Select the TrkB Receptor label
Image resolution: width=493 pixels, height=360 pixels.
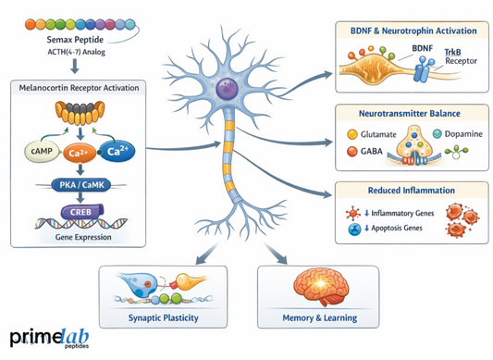point(453,63)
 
